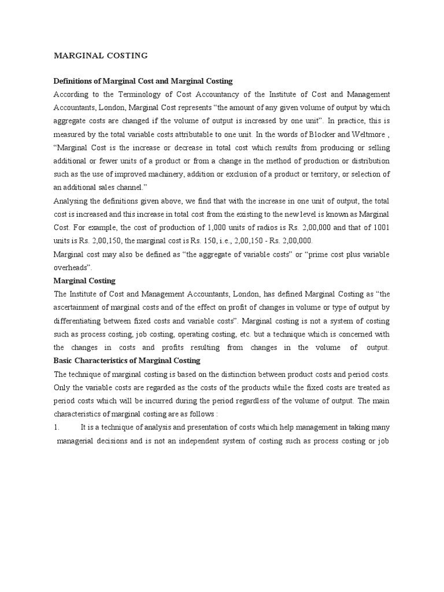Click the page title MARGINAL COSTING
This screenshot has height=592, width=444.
coord(101,55)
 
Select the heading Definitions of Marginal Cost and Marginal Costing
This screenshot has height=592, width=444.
coord(143,81)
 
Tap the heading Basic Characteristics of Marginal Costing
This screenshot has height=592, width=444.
coord(127,361)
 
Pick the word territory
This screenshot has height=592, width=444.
coord(338,175)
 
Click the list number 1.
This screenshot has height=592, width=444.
coord(57,427)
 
